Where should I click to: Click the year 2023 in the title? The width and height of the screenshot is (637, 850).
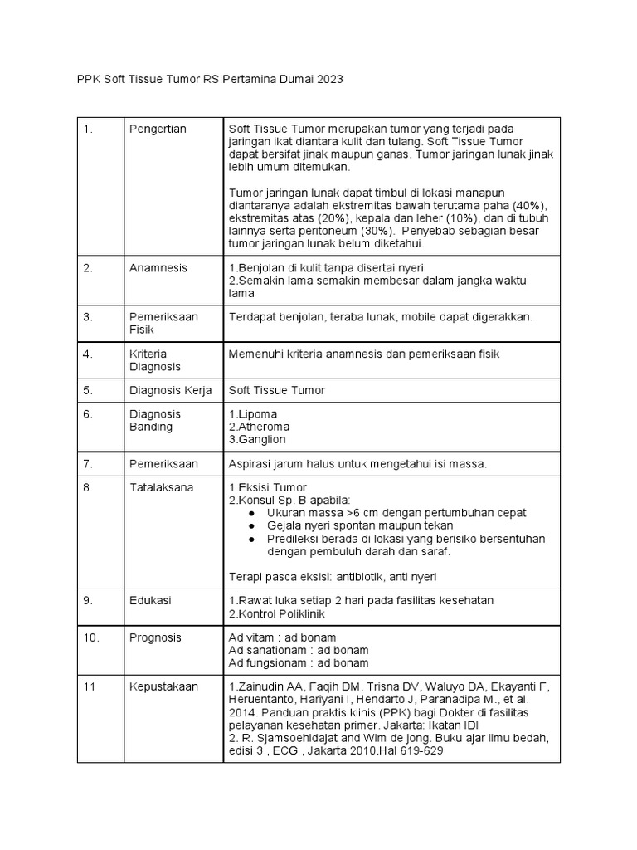coord(328,80)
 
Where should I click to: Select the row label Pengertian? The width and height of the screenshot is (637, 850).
coord(158,129)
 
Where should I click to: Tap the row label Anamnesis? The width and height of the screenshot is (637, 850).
coord(158,268)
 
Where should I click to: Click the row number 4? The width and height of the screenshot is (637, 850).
coord(88,354)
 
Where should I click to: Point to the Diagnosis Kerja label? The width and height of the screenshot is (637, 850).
coord(171,390)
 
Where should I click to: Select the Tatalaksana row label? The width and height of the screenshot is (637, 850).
coord(161,487)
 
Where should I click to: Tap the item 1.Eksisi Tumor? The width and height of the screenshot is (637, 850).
coord(267,487)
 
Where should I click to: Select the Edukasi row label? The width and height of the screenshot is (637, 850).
coord(151,600)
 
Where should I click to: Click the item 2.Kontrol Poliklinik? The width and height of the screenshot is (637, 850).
coord(275,613)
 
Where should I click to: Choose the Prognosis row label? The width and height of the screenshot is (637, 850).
coord(155,637)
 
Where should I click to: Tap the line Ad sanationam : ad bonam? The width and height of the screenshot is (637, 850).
coord(299,650)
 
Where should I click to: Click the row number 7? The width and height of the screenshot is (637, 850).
coord(88,462)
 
